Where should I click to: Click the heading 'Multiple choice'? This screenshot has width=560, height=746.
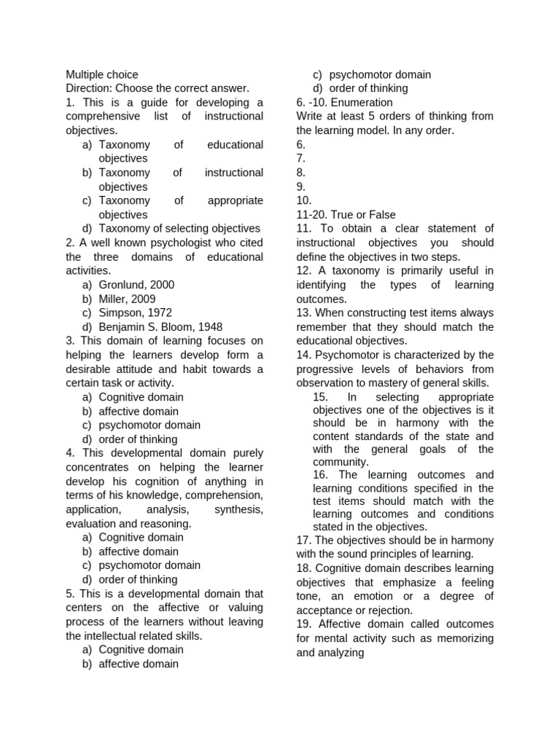(102, 74)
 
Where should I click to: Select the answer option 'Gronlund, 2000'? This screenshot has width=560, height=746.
(136, 285)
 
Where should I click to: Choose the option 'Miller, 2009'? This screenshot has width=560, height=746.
(127, 299)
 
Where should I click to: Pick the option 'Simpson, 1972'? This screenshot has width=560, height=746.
(136, 313)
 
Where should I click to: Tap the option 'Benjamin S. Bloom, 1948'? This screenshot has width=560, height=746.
(160, 327)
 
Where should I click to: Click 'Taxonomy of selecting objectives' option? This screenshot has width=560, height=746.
(179, 229)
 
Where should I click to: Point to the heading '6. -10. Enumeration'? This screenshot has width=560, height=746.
(344, 103)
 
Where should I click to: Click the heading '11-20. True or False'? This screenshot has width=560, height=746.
(346, 215)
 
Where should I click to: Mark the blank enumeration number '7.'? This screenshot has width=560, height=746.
(301, 159)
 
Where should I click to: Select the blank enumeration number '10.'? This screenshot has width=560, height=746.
(304, 200)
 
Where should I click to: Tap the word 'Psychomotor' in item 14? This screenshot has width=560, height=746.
(348, 355)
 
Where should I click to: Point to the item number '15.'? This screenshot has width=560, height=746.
(322, 397)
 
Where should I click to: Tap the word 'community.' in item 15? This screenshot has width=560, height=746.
(341, 462)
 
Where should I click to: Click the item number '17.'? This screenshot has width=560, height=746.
(304, 541)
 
